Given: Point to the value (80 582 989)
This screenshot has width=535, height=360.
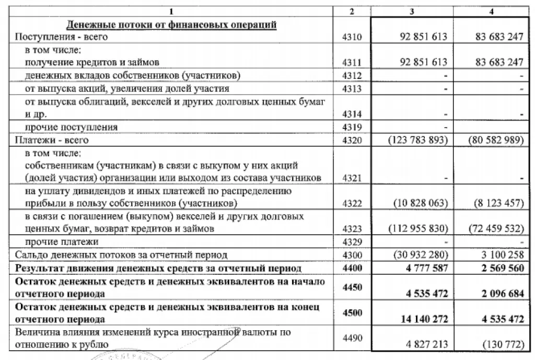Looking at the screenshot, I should pyautogui.click(x=492, y=140).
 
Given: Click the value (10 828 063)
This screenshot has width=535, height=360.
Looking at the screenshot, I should pyautogui.click(x=418, y=203).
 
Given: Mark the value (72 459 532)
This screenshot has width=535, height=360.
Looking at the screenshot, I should pyautogui.click(x=492, y=229).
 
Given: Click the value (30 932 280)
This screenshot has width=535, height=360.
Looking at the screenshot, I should pyautogui.click(x=418, y=255).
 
